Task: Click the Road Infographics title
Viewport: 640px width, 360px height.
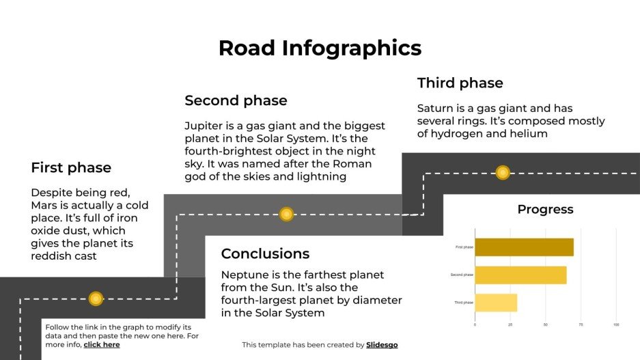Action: pos(320,49)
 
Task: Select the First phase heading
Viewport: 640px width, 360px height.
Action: pos(71,167)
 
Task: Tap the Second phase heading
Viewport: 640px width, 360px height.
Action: pos(236,100)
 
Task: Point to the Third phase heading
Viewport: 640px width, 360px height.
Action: pos(460,83)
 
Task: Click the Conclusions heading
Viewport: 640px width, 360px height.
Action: pos(265,254)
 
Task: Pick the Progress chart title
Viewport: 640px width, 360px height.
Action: pos(545,210)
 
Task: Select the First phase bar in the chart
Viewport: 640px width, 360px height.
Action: pos(524,247)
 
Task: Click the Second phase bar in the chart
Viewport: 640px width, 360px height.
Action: pos(520,275)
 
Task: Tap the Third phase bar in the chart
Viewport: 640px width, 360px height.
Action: pos(496,303)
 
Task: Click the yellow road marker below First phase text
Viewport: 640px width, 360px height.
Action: pos(96,299)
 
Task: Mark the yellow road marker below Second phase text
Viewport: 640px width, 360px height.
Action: pos(286,214)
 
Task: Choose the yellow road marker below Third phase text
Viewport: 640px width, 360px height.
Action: pos(503,172)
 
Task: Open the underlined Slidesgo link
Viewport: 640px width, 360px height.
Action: pos(382,345)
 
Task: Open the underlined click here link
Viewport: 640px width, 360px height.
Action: pos(102,345)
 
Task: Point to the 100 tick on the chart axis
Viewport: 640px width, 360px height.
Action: pos(616,324)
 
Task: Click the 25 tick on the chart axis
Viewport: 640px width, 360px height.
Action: pos(510,324)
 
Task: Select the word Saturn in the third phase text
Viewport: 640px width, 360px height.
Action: pos(435,109)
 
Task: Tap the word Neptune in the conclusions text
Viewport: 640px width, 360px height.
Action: pos(245,275)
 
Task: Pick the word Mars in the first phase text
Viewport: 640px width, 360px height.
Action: pos(45,206)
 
